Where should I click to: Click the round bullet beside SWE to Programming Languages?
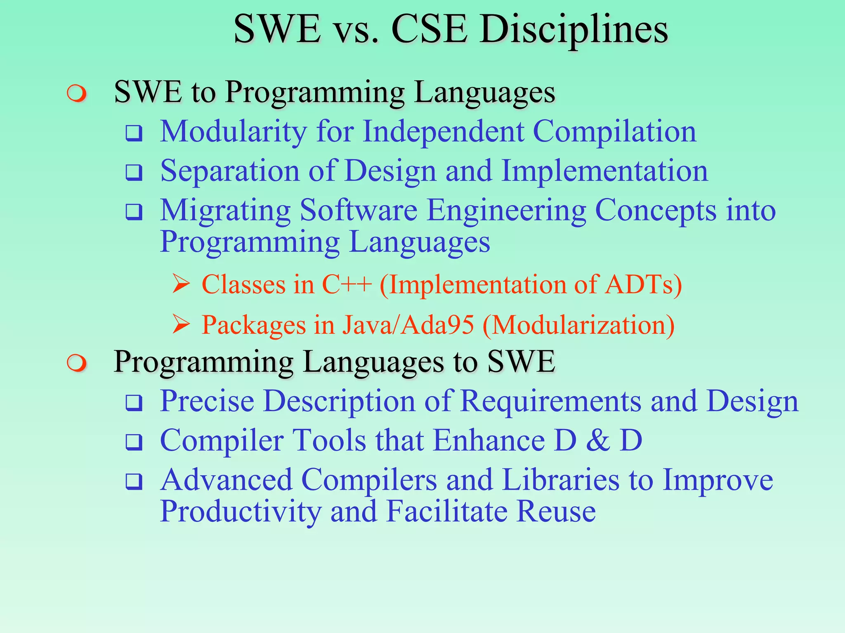pos(77,94)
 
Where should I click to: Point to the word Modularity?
pos(234,132)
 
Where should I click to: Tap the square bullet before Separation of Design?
pos(134,173)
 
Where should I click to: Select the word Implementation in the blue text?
pos(604,171)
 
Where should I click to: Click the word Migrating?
pos(225,211)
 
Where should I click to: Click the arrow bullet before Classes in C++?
pos(181,284)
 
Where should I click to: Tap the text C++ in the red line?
pos(347,285)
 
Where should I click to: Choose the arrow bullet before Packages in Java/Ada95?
pos(181,324)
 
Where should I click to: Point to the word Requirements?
pos(550,401)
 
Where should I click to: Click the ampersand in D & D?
pos(598,441)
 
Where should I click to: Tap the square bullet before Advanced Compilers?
pos(134,481)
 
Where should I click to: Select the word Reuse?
pos(556,511)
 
